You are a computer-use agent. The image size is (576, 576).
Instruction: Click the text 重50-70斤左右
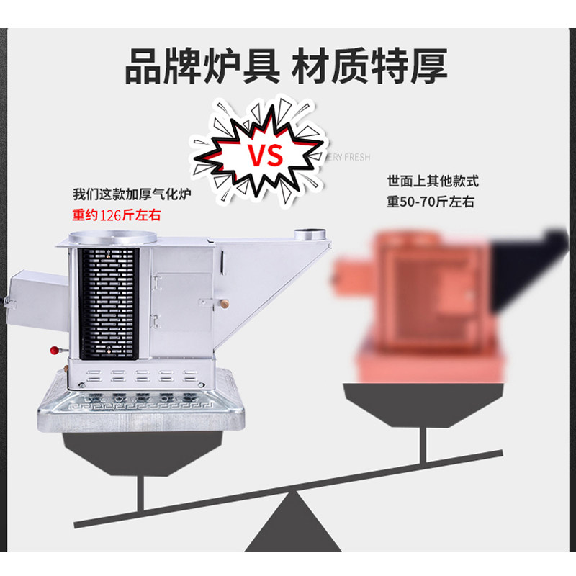430,202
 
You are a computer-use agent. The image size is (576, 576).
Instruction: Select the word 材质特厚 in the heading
370,67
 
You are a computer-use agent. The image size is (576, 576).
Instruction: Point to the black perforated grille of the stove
108,302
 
